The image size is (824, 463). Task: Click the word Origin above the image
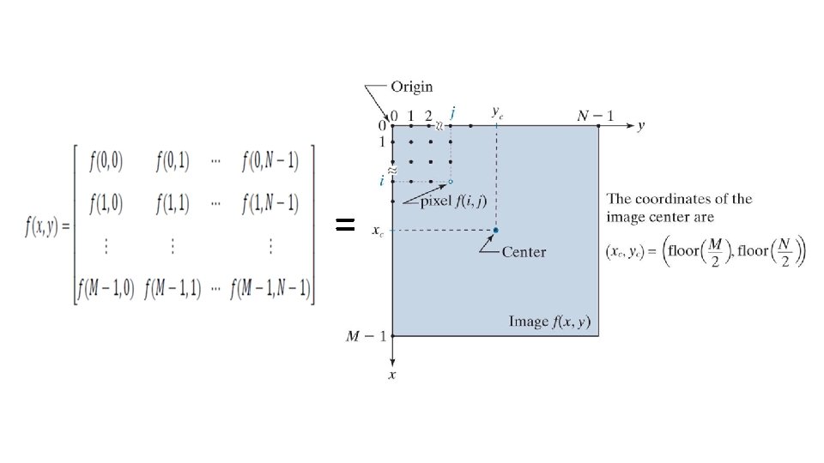(x=412, y=87)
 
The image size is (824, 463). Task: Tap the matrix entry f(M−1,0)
(x=104, y=288)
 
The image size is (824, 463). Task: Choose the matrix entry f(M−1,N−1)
(x=270, y=288)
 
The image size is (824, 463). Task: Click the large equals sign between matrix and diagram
(x=344, y=225)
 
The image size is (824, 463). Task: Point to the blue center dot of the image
(x=496, y=230)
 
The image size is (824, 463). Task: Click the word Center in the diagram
(x=524, y=252)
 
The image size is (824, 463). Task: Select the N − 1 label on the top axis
(x=596, y=115)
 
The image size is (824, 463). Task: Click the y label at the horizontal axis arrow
(x=640, y=126)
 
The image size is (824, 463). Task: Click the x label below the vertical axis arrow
(x=392, y=376)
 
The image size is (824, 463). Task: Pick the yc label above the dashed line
(x=497, y=111)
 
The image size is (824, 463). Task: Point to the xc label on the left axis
(x=377, y=231)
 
